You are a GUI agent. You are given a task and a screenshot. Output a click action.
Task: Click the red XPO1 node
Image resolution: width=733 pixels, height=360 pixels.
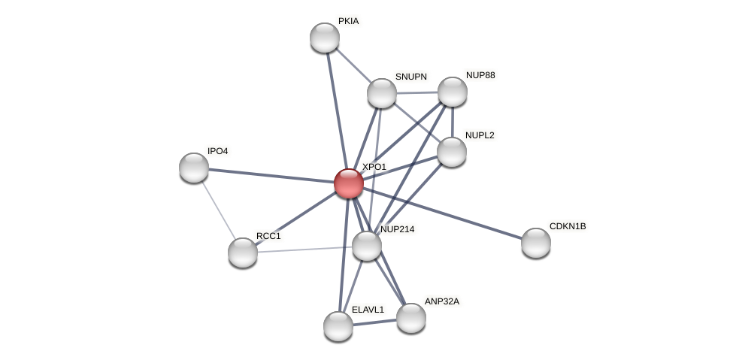point(348,183)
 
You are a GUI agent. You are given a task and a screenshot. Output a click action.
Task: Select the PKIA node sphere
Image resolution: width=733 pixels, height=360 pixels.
point(325,38)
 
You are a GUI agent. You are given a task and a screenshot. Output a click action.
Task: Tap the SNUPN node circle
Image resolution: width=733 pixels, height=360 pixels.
point(382,93)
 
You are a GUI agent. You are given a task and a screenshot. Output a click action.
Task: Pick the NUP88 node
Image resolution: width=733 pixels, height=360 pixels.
point(453,92)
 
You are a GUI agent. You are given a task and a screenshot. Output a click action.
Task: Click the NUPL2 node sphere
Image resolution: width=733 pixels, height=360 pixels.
point(452,152)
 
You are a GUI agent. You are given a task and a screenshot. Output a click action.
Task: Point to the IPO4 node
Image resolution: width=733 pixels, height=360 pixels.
point(194,168)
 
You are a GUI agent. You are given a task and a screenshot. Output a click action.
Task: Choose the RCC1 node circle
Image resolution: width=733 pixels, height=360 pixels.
point(243,253)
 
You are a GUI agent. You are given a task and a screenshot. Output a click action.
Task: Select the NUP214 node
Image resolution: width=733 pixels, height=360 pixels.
point(367,246)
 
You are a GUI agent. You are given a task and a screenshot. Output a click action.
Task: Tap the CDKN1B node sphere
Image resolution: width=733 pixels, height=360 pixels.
point(536,243)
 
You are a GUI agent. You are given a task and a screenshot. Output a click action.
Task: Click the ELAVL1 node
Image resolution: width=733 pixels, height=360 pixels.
point(338,326)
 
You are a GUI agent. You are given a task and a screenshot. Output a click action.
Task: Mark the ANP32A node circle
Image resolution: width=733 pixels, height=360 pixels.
point(411,318)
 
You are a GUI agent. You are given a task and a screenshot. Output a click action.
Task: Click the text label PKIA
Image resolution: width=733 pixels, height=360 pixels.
point(348,21)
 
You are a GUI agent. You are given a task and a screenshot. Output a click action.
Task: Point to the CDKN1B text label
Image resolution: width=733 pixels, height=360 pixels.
point(568,226)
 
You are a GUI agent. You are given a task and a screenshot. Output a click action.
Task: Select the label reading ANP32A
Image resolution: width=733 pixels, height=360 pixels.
point(441,301)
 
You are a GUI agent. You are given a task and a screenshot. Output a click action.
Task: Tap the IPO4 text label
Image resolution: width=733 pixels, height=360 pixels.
point(217,151)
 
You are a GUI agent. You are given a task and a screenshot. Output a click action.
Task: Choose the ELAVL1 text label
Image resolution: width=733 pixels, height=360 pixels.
point(368,310)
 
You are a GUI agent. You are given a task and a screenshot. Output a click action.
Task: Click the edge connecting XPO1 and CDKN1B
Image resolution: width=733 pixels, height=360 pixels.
point(444,213)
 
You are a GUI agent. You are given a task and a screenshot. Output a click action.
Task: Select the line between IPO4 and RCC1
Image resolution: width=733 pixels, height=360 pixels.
point(218,210)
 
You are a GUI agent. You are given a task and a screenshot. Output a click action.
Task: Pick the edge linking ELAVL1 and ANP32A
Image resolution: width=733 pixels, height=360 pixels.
point(374,322)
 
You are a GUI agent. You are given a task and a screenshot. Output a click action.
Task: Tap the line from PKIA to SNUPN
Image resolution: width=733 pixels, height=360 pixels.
point(353,65)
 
